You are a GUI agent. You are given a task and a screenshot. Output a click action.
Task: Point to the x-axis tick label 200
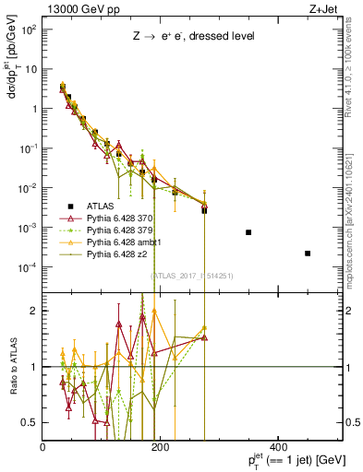point(160,447)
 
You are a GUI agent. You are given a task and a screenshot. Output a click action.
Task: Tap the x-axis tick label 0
point(43,447)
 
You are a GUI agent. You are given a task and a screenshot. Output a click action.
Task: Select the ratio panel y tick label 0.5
point(30,422)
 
